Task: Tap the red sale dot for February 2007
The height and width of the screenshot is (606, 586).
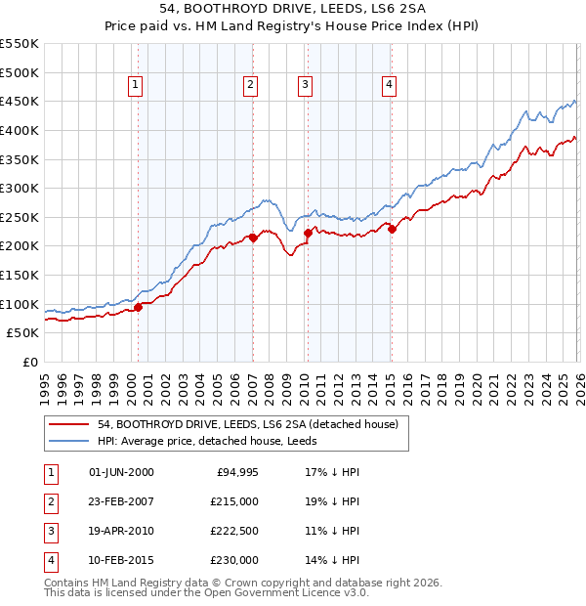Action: [x=253, y=238]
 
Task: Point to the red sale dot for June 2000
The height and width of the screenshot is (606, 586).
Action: [x=138, y=307]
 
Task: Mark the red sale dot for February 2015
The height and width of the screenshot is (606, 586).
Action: [x=391, y=229]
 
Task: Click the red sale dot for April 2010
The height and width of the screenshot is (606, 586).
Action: [x=308, y=233]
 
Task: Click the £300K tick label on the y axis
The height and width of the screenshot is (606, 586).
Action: [x=19, y=188]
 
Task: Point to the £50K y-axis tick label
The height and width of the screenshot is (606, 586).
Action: [x=22, y=333]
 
